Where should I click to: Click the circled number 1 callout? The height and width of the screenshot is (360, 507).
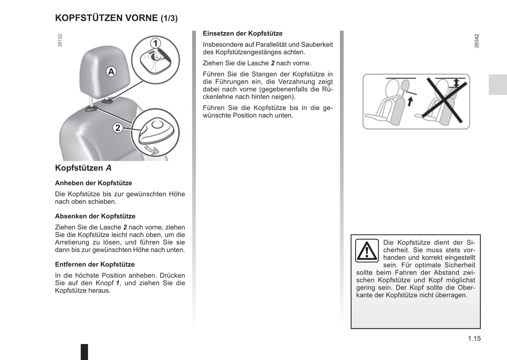(155, 43)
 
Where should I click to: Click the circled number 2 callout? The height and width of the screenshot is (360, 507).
(118, 128)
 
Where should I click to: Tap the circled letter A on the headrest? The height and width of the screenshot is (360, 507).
(111, 72)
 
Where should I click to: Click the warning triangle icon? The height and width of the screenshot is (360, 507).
(367, 251)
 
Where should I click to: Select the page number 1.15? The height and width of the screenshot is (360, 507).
(474, 339)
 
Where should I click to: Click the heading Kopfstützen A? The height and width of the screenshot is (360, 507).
(83, 168)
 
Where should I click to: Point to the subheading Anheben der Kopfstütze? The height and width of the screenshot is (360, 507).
(93, 183)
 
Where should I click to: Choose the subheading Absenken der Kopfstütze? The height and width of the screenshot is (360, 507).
(95, 216)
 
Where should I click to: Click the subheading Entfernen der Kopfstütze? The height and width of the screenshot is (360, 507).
(95, 264)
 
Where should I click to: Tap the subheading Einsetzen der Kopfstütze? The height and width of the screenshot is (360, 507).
(242, 33)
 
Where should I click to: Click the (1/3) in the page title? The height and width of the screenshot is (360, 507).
(169, 18)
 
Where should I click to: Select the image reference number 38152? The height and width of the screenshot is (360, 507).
(60, 40)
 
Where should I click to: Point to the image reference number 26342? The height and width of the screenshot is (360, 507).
(476, 41)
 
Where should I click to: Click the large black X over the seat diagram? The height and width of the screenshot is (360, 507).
(447, 101)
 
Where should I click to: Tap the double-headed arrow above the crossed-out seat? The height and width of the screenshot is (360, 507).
(456, 83)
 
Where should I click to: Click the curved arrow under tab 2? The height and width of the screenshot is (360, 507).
(152, 150)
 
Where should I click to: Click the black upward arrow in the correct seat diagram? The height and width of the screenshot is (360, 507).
(410, 101)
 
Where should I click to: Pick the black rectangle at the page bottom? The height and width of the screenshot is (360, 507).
(84, 352)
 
